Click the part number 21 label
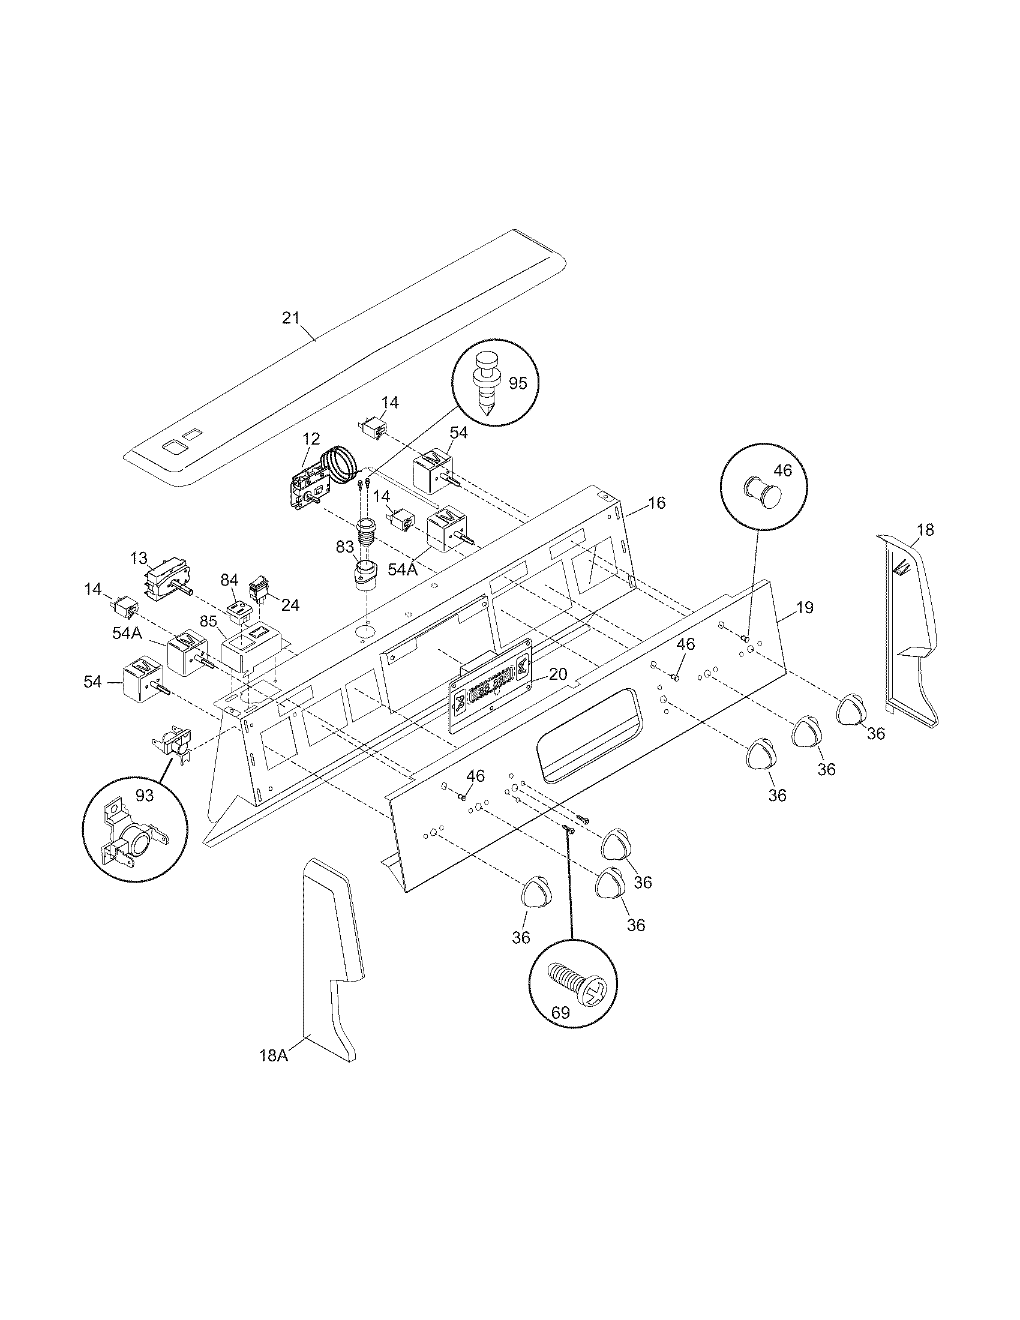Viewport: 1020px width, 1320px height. point(290,318)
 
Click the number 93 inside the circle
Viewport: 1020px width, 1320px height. point(145,796)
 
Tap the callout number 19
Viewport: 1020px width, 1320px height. point(804,607)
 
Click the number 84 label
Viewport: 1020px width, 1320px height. point(229,580)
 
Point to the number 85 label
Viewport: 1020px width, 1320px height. point(208,621)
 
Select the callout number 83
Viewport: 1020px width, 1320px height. point(344,548)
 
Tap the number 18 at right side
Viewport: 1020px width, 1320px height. point(925,529)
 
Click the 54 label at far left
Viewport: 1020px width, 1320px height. point(93,682)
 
